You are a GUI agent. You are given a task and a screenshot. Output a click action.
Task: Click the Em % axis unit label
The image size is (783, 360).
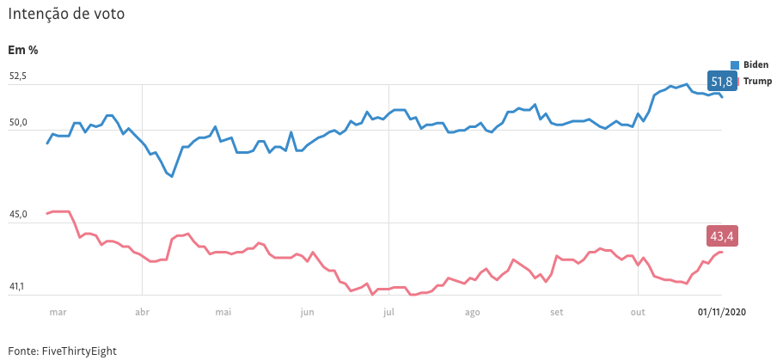point(23,50)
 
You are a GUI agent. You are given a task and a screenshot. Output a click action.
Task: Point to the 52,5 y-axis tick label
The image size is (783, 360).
point(18,76)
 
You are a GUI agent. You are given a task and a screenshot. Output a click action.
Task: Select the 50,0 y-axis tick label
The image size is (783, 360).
point(18,123)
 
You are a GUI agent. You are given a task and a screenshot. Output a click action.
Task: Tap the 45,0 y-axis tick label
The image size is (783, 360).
point(18,215)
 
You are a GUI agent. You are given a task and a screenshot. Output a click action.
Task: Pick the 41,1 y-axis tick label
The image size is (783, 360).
point(18,287)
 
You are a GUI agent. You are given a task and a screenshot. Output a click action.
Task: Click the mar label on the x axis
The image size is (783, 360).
point(58,313)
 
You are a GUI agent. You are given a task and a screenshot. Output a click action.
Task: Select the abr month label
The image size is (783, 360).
point(143,313)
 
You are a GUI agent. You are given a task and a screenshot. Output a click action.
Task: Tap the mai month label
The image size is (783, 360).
point(223,313)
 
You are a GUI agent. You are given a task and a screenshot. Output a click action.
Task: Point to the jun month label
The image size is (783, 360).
point(307,313)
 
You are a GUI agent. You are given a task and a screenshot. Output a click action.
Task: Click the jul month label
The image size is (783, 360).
point(388,313)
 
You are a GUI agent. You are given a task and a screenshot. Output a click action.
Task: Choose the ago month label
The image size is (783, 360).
point(471,313)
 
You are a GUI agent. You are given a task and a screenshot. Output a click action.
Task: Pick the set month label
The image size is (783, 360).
point(555,313)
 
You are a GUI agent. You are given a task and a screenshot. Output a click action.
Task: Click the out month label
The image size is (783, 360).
point(637,313)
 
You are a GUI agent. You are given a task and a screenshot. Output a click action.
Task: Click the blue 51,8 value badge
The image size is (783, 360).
point(721,82)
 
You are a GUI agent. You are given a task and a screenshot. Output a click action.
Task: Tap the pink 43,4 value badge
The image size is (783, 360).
point(721,235)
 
